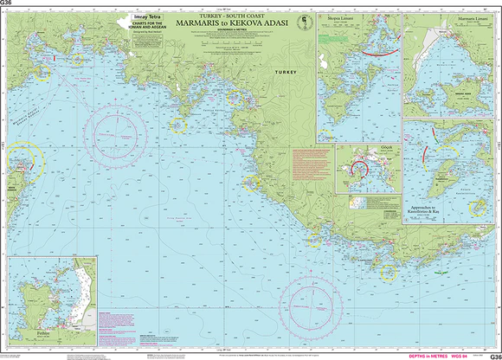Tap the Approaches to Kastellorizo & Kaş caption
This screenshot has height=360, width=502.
tap(432, 212)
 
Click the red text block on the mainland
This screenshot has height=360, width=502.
tap(312, 161)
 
